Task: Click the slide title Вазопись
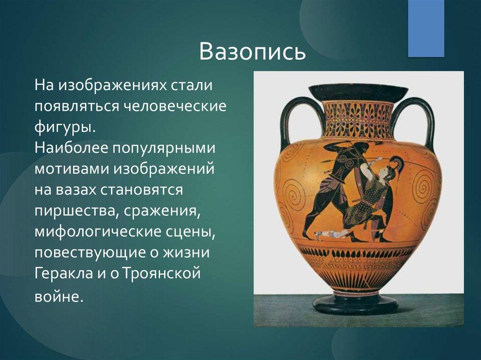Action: [x=252, y=51]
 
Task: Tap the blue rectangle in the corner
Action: [x=426, y=28]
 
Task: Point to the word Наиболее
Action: [x=71, y=148]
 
